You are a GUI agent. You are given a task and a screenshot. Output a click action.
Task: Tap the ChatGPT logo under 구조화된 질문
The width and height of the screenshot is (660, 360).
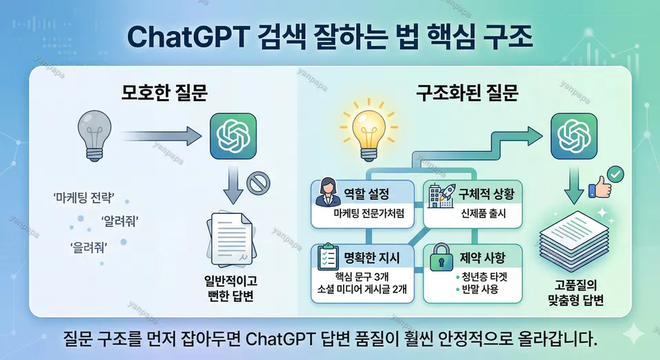[x=574, y=135]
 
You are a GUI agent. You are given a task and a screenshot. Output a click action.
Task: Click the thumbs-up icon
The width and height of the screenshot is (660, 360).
[x=599, y=185]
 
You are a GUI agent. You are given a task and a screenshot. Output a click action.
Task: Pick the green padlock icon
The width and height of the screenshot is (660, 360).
[x=439, y=260]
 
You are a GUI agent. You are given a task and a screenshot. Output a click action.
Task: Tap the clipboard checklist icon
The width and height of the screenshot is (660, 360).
[x=325, y=258]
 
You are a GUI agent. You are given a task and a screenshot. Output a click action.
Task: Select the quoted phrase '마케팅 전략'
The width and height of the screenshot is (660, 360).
[x=83, y=199]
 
